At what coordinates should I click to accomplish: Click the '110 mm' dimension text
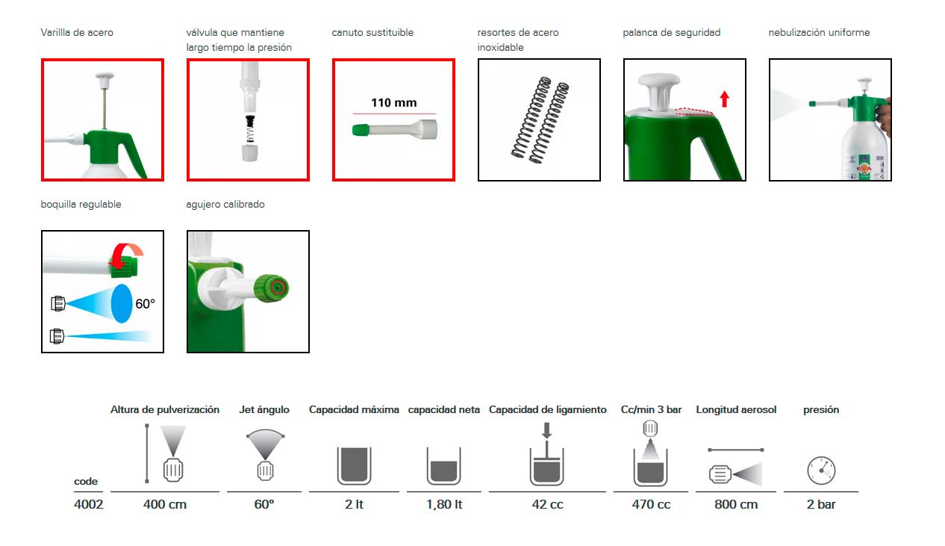pyautogui.click(x=393, y=102)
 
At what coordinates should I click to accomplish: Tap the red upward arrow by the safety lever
pyautogui.click(x=724, y=99)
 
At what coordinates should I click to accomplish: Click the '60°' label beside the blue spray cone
pyautogui.click(x=145, y=304)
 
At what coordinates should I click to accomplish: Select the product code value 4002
pyautogui.click(x=89, y=504)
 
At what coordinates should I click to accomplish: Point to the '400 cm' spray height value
pyautogui.click(x=164, y=504)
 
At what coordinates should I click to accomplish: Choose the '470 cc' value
pyautogui.click(x=651, y=504)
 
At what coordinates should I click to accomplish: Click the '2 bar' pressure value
pyautogui.click(x=821, y=504)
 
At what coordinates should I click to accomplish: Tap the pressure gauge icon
pyautogui.click(x=821, y=471)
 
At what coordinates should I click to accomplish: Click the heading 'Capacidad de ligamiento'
pyautogui.click(x=548, y=409)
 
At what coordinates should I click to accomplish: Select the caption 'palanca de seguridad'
pyautogui.click(x=672, y=33)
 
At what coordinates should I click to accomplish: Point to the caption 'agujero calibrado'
pyautogui.click(x=225, y=205)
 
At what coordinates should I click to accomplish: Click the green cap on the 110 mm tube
pyautogui.click(x=361, y=130)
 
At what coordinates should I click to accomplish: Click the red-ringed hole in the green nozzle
pyautogui.click(x=278, y=288)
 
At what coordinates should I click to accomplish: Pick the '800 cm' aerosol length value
pyautogui.click(x=736, y=504)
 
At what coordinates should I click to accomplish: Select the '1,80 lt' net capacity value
pyautogui.click(x=444, y=504)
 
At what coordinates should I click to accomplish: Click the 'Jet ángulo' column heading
pyautogui.click(x=264, y=409)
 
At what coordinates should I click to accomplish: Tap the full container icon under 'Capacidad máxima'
pyautogui.click(x=354, y=466)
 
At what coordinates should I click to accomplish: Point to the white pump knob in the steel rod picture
pyautogui.click(x=105, y=79)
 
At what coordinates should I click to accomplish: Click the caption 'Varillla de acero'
pyautogui.click(x=77, y=33)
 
